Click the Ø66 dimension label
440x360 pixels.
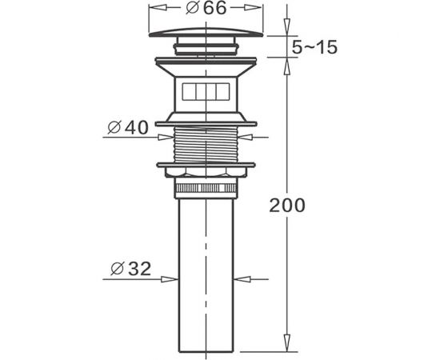206,8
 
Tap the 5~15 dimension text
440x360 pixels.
314,47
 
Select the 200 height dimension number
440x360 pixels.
286,206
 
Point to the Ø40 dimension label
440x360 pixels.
128,128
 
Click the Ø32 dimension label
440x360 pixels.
131,269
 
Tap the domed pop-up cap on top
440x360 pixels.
206,32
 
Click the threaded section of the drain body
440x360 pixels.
206,145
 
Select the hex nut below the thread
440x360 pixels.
206,172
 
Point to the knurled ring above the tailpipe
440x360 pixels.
206,188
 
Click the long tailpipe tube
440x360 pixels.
206,275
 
